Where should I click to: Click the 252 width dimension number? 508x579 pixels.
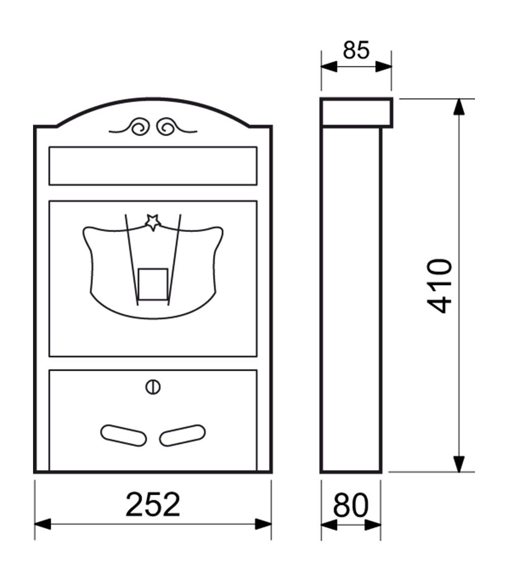coord(152,505)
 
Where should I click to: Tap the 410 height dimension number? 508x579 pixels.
coord(439,286)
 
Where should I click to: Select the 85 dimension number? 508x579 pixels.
coord(356,50)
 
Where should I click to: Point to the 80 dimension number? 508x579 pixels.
coord(351,505)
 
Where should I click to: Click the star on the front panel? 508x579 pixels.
coord(152,222)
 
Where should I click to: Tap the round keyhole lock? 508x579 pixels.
coord(152,387)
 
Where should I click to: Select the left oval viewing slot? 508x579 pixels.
coord(123,435)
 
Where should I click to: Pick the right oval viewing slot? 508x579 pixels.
coord(182,435)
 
